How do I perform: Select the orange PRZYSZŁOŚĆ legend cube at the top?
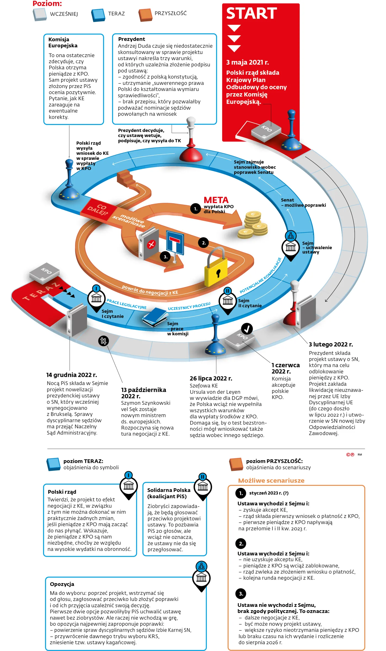[145, 15]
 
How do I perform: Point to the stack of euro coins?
[253, 225]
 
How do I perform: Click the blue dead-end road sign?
[175, 243]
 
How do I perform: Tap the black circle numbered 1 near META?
[195, 209]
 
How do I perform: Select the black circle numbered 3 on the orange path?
[165, 257]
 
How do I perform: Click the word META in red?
[216, 200]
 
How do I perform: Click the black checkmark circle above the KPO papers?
[247, 329]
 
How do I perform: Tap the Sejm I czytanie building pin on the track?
[96, 298]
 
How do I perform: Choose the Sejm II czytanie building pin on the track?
[228, 301]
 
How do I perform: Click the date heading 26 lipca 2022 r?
[211, 378]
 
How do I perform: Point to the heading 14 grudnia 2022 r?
[71, 375]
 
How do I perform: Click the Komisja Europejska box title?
[63, 42]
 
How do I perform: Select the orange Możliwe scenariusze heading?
[271, 480]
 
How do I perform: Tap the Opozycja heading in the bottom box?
[62, 584]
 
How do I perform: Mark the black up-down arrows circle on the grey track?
[103, 341]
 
